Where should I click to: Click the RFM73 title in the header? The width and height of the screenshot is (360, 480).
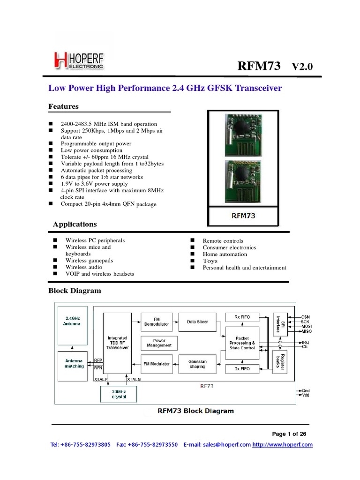(x=259, y=66)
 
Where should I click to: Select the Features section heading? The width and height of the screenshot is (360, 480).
(x=64, y=106)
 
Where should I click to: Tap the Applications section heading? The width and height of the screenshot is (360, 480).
(x=75, y=224)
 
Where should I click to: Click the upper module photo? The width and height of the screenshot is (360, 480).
(x=243, y=132)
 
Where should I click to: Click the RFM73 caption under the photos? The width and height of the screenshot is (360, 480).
(x=243, y=216)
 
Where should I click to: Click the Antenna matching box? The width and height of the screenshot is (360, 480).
(x=74, y=363)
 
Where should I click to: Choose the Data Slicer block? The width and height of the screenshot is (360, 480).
(x=197, y=322)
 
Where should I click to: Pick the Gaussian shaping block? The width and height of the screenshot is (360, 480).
(x=197, y=364)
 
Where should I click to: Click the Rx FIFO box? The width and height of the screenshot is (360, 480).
(x=242, y=317)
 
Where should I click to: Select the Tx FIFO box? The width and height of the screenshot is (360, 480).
(x=242, y=369)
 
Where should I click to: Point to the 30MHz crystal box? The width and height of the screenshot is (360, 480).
(x=119, y=394)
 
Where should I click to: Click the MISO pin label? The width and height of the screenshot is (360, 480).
(x=306, y=331)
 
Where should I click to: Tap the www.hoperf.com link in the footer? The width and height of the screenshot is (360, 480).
(x=282, y=445)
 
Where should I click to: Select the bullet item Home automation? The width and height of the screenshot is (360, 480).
(x=225, y=254)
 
